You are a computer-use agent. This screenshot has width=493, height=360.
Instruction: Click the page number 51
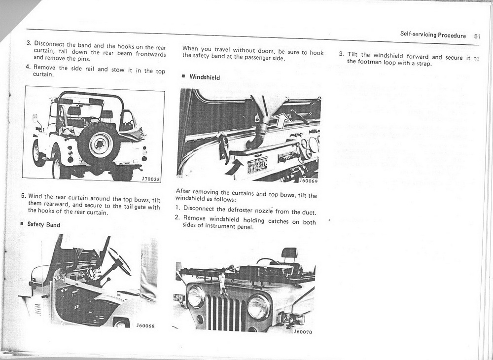click(x=477, y=36)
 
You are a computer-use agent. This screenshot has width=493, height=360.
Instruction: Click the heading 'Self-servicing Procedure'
click(x=433, y=36)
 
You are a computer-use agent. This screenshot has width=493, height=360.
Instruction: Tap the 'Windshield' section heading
click(x=205, y=77)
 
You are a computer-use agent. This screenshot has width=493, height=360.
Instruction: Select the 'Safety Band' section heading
click(x=43, y=225)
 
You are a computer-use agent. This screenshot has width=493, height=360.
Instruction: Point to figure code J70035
click(x=150, y=179)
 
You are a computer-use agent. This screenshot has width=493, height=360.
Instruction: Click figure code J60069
click(x=308, y=180)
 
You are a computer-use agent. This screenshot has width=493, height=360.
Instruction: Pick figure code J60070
click(x=303, y=332)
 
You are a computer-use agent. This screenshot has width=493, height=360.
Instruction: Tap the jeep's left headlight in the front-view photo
click(x=196, y=297)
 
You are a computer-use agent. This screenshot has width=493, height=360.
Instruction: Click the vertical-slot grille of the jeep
click(x=226, y=312)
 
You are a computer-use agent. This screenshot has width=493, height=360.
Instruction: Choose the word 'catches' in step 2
click(x=279, y=221)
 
